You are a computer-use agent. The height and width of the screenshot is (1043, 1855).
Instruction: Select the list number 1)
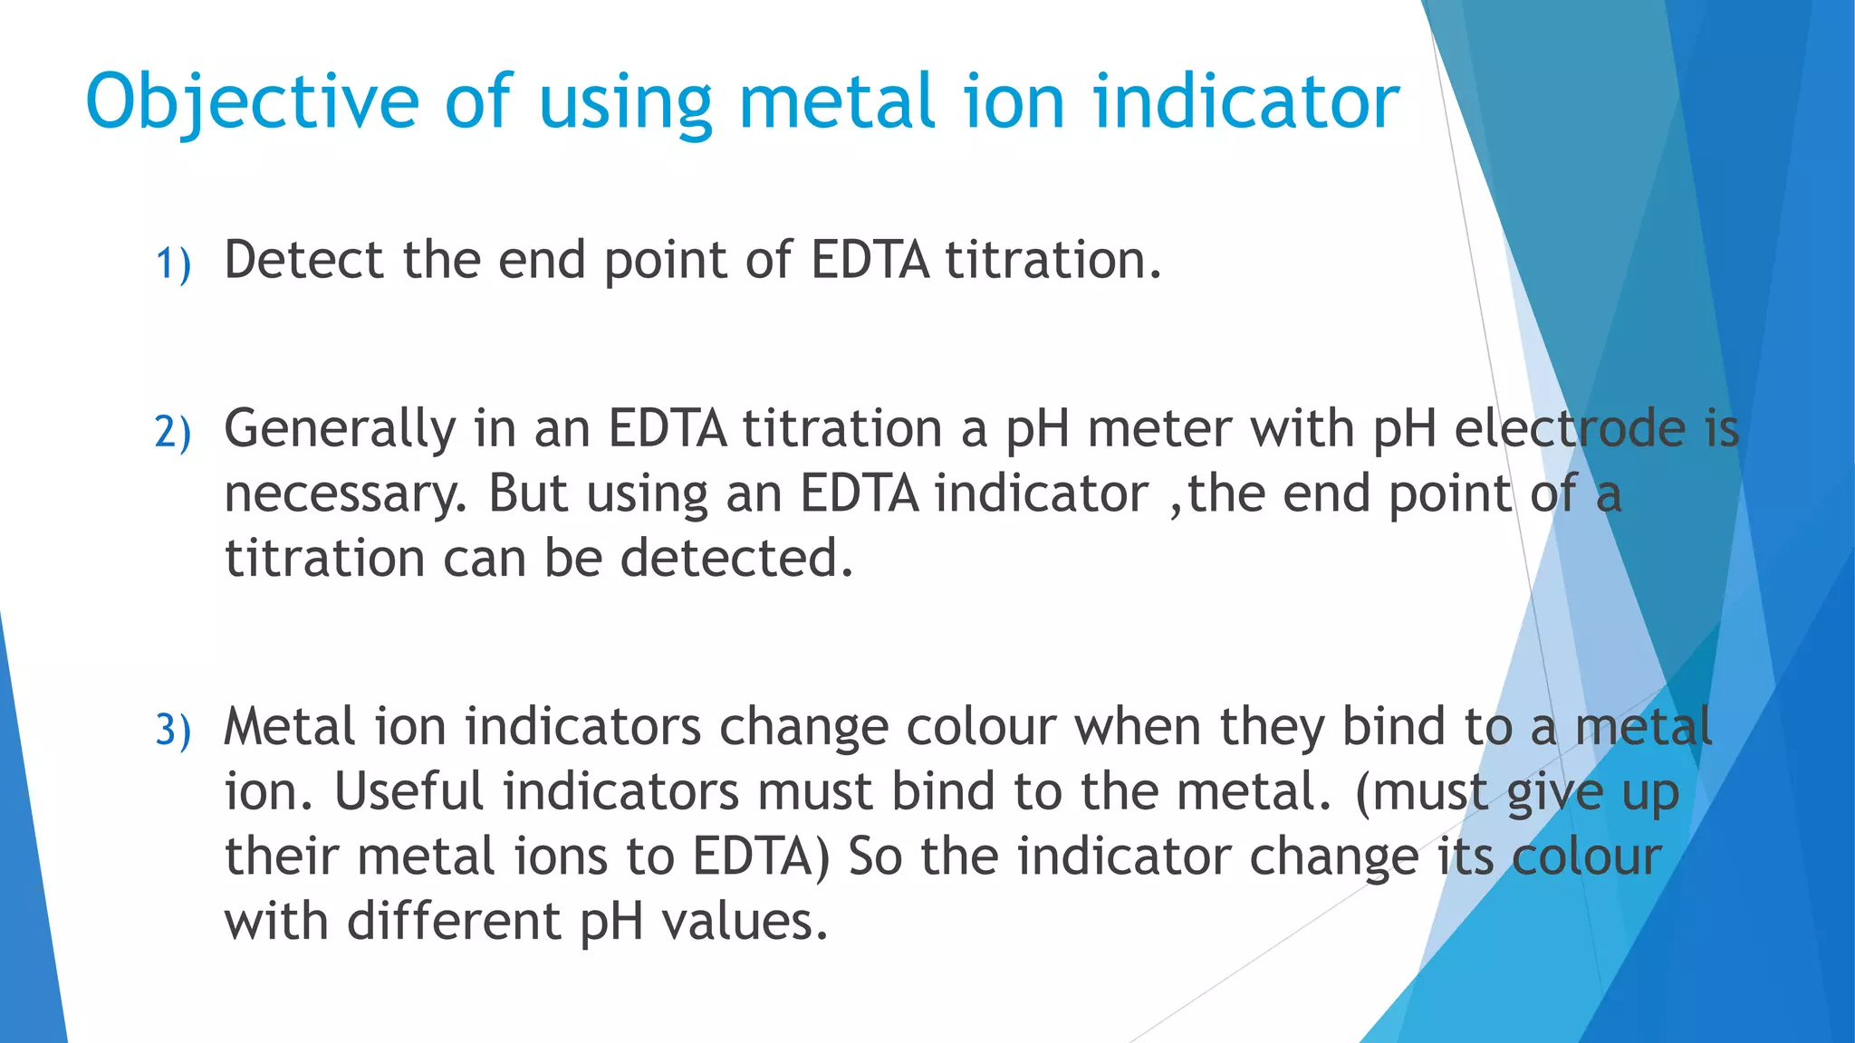[x=173, y=263]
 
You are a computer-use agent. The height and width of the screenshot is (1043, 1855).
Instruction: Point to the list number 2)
[x=173, y=431]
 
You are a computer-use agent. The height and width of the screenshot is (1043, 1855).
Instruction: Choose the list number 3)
[x=173, y=730]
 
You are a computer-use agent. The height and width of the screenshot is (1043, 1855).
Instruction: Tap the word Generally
[x=340, y=429]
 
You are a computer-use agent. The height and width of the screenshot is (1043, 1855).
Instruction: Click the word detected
[x=736, y=558]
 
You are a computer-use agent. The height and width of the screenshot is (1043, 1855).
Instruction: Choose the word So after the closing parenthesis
[x=875, y=856]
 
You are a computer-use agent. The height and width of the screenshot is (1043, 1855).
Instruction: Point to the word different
[x=455, y=922]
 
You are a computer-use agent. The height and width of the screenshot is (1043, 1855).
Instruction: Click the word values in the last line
[x=745, y=922]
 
